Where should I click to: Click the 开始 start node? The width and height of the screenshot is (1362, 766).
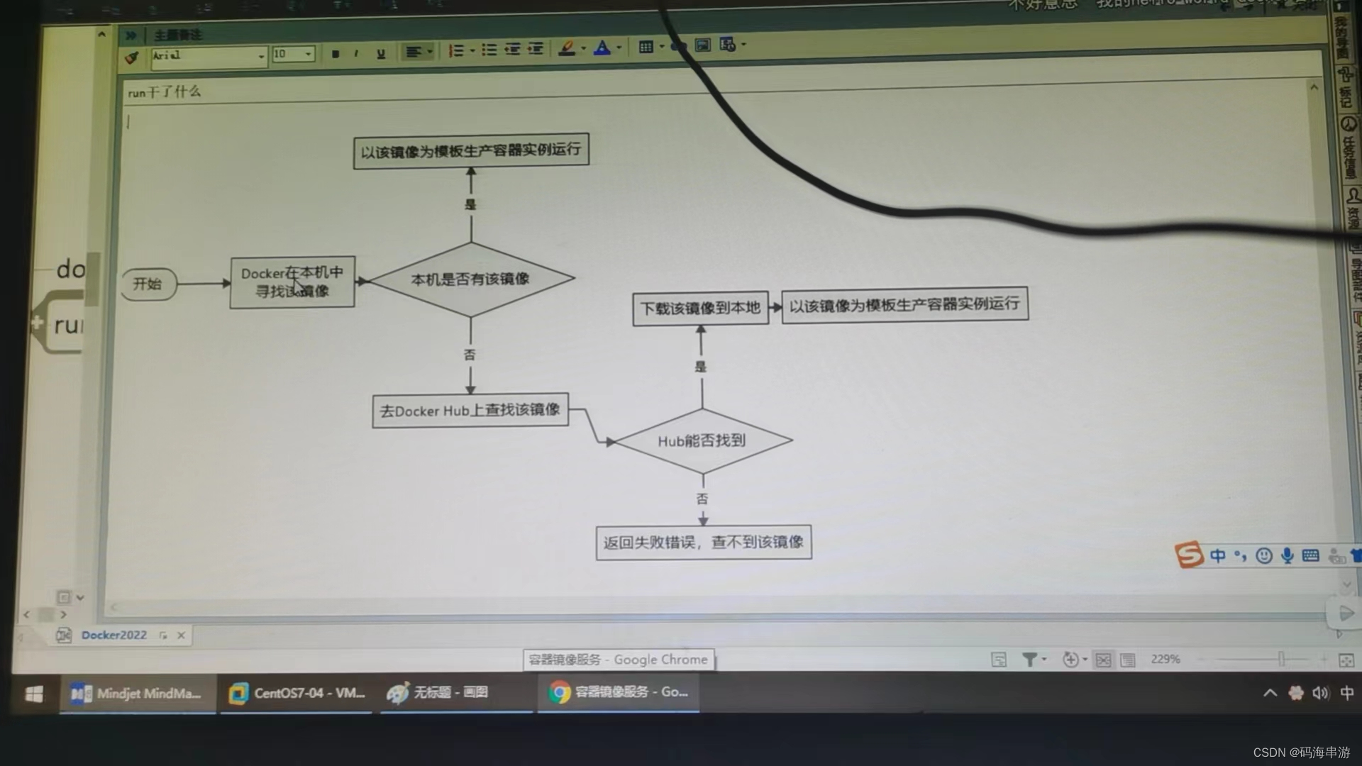click(x=148, y=284)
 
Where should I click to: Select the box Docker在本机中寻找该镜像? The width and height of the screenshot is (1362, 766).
click(x=292, y=282)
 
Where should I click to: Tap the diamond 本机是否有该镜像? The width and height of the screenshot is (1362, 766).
click(x=470, y=279)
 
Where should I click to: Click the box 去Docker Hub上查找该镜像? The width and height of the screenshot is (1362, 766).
click(x=470, y=411)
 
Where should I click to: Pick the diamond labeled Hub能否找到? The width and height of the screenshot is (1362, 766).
click(x=702, y=441)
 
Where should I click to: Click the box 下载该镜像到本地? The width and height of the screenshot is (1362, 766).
click(x=700, y=309)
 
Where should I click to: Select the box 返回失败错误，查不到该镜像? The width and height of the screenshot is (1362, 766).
click(x=703, y=543)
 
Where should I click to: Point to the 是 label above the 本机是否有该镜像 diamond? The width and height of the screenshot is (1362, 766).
click(x=470, y=204)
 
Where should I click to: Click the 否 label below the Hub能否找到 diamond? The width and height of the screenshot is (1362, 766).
click(x=702, y=499)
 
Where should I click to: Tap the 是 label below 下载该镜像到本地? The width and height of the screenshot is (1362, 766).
click(x=701, y=367)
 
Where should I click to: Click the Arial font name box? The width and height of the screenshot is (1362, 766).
click(x=206, y=56)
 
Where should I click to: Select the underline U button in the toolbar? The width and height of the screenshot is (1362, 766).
click(x=381, y=54)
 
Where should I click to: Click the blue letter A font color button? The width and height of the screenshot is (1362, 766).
click(x=602, y=48)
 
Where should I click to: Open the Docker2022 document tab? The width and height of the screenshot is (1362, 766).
click(x=113, y=635)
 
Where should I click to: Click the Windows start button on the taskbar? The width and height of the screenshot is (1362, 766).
click(x=34, y=694)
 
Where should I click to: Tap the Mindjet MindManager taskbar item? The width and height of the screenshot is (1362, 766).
click(x=138, y=694)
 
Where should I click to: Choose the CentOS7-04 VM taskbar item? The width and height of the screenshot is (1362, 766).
click(x=297, y=693)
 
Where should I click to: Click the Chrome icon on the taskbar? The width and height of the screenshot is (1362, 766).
click(x=560, y=692)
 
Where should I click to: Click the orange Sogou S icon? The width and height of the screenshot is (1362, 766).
click(x=1189, y=555)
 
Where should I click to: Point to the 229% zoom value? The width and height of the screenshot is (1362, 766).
click(x=1165, y=659)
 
